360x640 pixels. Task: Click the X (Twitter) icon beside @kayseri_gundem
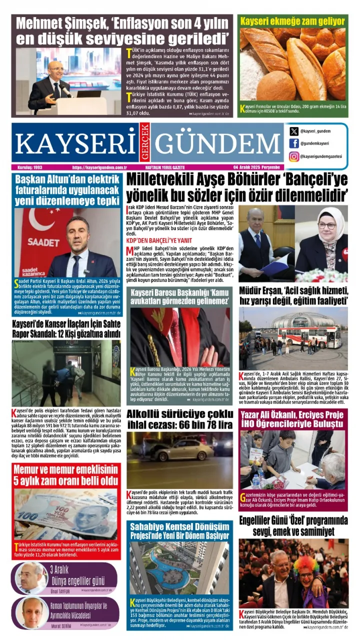point(294,131)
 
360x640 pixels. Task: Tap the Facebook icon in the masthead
point(294,143)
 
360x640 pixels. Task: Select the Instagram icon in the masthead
point(294,156)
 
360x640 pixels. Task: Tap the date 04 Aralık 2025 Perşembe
point(258,167)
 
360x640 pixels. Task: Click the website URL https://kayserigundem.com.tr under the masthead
point(99,167)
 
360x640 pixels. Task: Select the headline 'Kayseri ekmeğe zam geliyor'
point(292,21)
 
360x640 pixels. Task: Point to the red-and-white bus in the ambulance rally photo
point(303,336)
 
